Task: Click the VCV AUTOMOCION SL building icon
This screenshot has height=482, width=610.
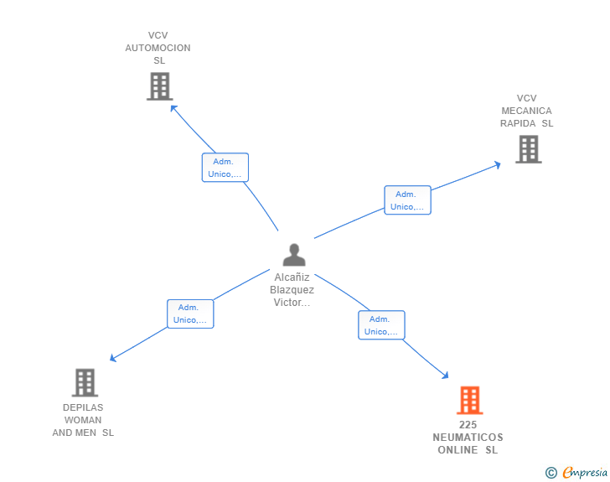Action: click(x=159, y=86)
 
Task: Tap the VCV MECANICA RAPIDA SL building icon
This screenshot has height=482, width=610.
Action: click(x=528, y=149)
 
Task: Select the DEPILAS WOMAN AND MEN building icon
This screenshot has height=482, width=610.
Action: click(x=85, y=382)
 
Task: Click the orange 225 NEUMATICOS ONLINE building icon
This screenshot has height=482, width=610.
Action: click(x=469, y=400)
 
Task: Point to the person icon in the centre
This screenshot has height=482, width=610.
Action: click(x=294, y=255)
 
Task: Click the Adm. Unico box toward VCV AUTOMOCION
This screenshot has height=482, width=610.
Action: click(x=225, y=168)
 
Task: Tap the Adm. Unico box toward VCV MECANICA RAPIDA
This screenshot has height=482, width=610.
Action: click(x=407, y=200)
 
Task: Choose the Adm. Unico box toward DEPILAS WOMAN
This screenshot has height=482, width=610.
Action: click(x=190, y=314)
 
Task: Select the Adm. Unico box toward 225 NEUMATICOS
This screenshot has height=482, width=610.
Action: click(x=381, y=325)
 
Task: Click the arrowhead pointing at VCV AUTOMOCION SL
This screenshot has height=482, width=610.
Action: click(x=173, y=108)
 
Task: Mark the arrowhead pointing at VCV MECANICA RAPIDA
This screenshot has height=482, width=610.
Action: click(x=497, y=165)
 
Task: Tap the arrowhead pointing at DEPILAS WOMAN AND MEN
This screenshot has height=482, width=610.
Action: click(x=113, y=358)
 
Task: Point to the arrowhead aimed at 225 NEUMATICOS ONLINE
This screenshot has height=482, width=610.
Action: click(x=445, y=376)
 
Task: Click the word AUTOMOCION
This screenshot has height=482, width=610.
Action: click(x=158, y=48)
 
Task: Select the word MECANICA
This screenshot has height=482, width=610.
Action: click(x=526, y=111)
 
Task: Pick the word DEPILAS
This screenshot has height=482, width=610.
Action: click(x=83, y=407)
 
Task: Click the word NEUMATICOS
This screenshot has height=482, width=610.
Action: click(x=468, y=438)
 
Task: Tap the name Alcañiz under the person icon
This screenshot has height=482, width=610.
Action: click(x=292, y=277)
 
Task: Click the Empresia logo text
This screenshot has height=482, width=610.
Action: click(x=585, y=473)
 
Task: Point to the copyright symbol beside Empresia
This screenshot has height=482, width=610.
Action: click(x=551, y=473)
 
